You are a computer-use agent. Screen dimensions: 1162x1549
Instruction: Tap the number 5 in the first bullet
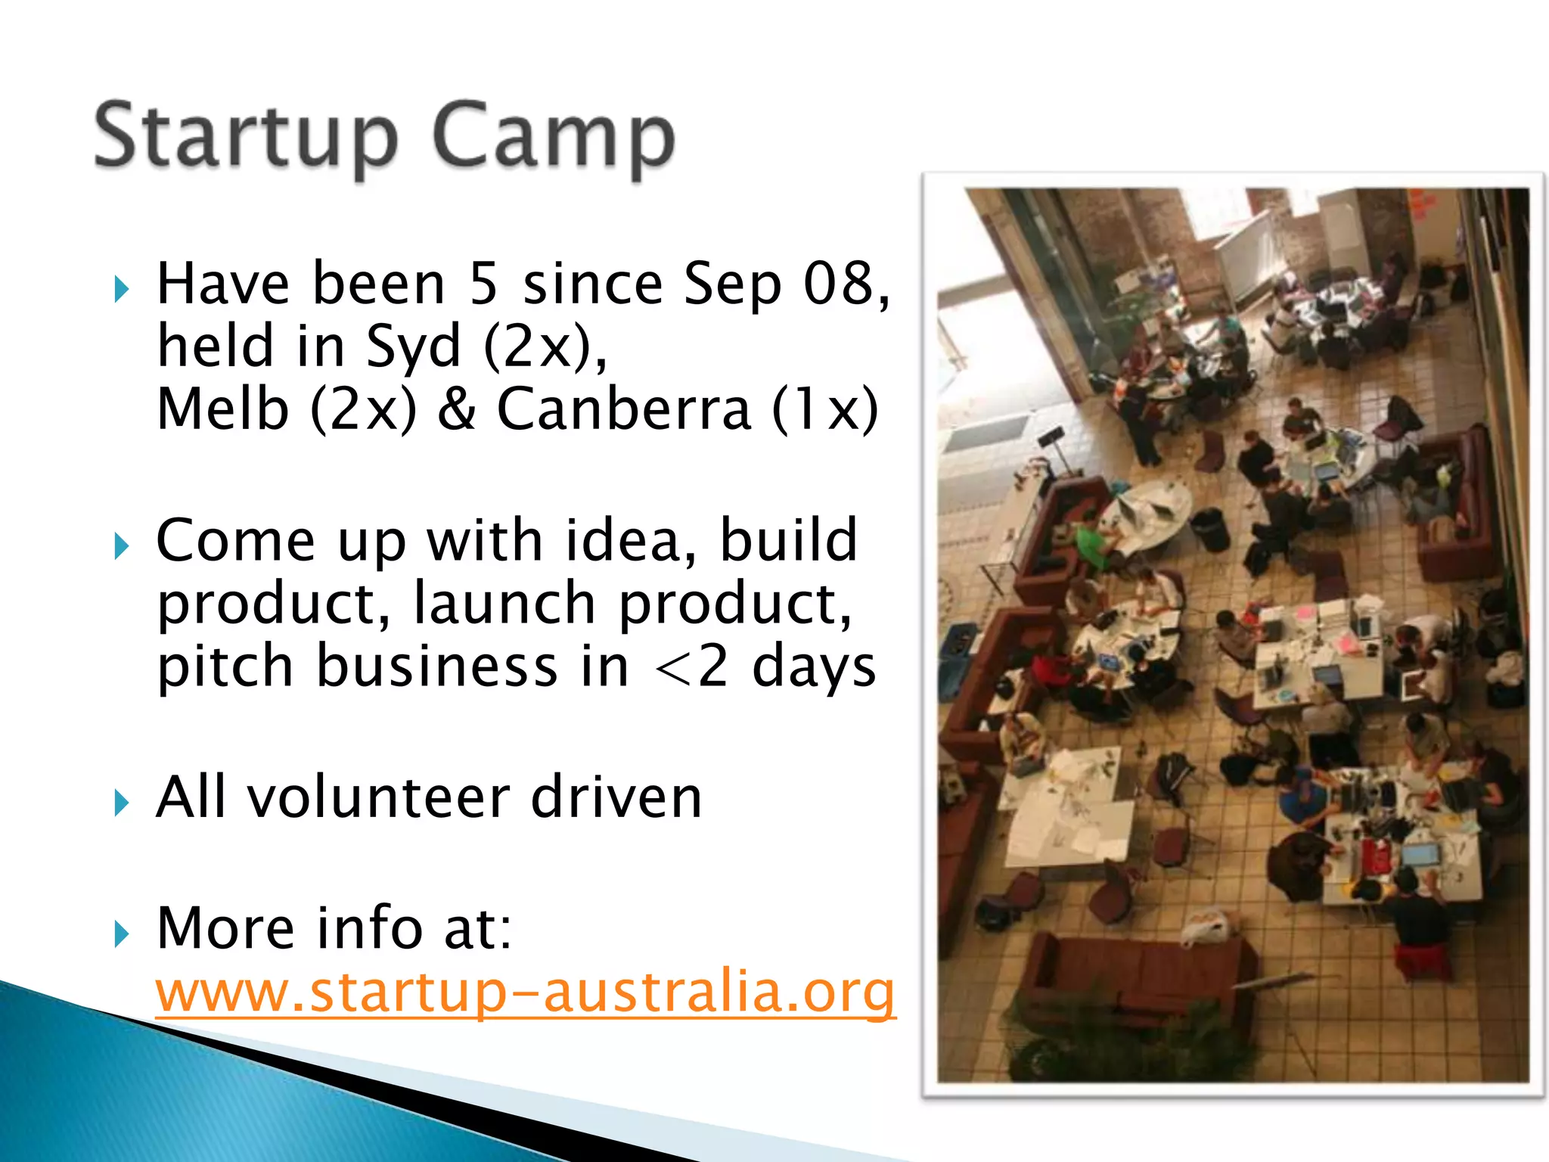coord(484,284)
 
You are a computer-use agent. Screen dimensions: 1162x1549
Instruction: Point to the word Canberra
coord(624,409)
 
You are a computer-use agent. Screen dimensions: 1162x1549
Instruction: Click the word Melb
coord(223,409)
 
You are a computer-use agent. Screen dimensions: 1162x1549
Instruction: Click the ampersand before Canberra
coord(457,409)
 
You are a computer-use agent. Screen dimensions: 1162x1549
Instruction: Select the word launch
coord(504,604)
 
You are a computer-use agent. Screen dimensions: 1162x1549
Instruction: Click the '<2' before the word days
coord(692,666)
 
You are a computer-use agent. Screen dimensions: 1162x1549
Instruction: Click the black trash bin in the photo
coord(1209,529)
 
